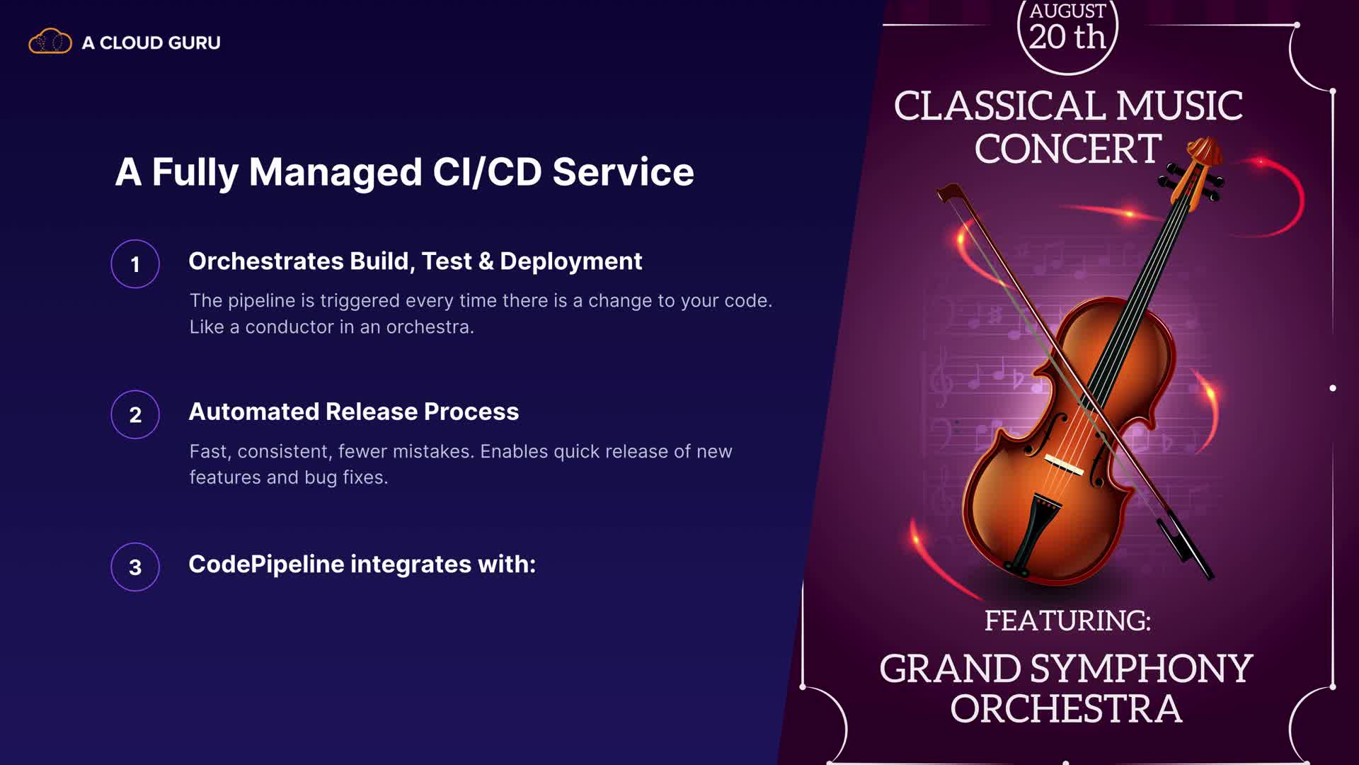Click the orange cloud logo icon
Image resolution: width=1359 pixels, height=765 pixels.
[x=50, y=42]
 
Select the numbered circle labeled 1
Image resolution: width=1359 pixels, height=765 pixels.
[x=135, y=264]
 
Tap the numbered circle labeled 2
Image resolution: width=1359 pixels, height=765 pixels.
[x=135, y=414]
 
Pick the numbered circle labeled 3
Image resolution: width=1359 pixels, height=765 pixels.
[x=135, y=567]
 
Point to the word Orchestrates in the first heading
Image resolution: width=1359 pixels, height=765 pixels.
[x=265, y=261]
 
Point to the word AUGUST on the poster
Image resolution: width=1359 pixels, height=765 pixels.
[x=1067, y=11]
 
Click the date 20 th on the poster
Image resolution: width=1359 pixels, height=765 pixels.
[x=1067, y=37]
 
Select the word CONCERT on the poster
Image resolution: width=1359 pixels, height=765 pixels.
[x=1068, y=149]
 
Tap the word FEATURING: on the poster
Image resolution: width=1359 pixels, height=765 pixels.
[x=1067, y=620]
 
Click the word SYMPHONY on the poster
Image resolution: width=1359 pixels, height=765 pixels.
[x=1141, y=669]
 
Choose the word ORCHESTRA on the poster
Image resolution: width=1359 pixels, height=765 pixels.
[x=1066, y=709]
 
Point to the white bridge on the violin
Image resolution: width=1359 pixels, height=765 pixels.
[x=1064, y=465]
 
